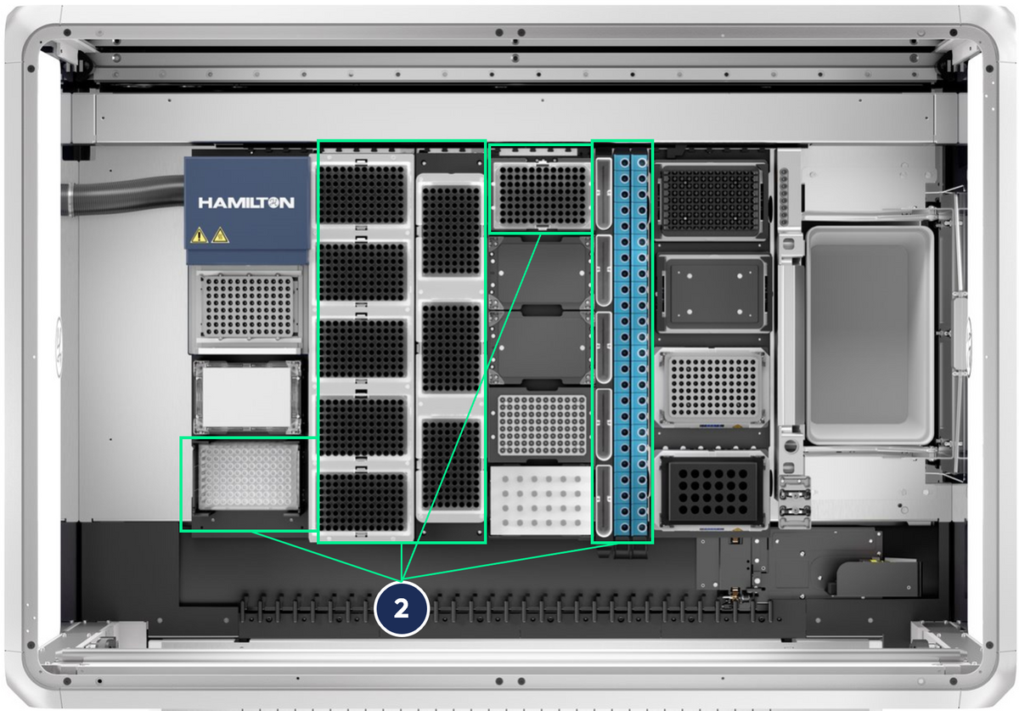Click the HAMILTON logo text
[246, 202]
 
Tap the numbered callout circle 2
[401, 608]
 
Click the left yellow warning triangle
[199, 235]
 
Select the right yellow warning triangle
[220, 234]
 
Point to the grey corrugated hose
[123, 195]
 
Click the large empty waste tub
[870, 335]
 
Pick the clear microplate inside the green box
[249, 477]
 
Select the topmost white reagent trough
[603, 194]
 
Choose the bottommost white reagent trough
[603, 500]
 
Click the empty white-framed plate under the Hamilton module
[247, 397]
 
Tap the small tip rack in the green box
[542, 195]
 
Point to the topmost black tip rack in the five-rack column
[362, 195]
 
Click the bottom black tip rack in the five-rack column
[362, 501]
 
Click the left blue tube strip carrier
[622, 346]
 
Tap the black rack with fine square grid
[711, 200]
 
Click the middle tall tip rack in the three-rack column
[450, 347]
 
